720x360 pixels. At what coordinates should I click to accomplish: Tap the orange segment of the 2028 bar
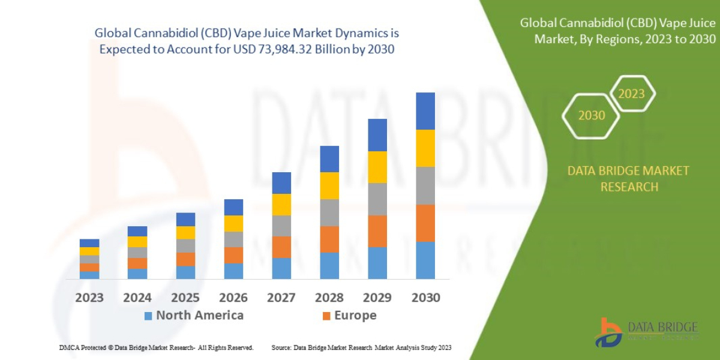(329, 239)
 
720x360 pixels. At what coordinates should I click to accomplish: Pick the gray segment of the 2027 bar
(281, 226)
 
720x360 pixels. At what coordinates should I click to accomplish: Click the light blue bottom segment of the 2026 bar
(233, 271)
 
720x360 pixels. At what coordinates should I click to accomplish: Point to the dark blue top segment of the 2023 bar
(89, 243)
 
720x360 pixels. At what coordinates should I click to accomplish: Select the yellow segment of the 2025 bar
(185, 232)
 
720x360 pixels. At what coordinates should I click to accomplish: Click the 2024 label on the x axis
(137, 298)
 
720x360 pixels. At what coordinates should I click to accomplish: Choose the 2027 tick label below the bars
(281, 298)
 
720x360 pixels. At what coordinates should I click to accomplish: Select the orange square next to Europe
(326, 316)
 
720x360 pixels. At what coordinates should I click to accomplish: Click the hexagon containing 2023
(631, 94)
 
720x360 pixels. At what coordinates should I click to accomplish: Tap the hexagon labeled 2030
(591, 115)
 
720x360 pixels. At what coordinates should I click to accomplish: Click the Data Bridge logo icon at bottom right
(608, 332)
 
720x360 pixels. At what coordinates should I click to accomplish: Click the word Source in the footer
(282, 347)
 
